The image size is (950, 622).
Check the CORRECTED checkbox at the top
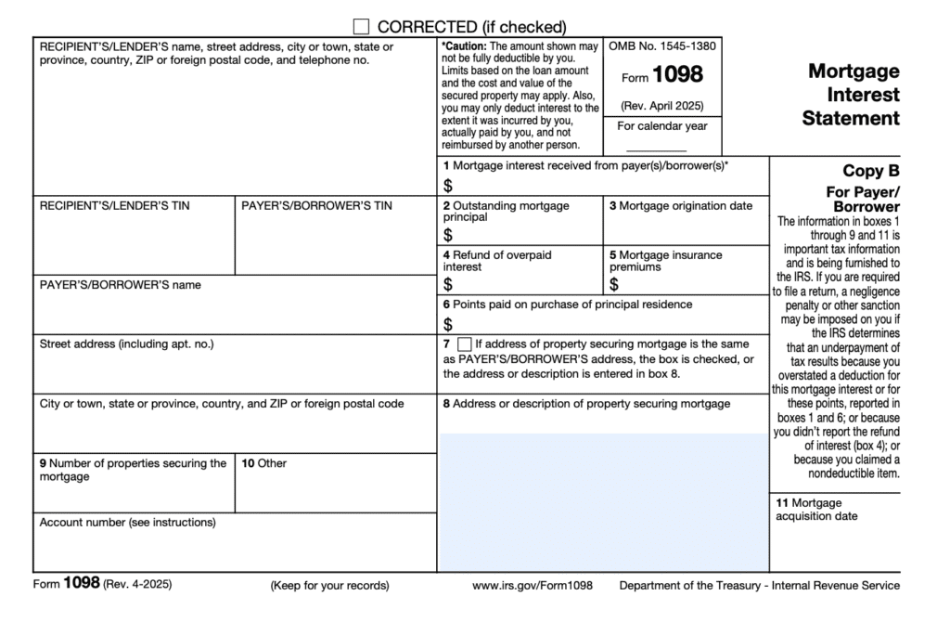click(361, 27)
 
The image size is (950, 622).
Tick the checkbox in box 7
click(465, 343)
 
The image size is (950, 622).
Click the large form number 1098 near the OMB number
click(679, 74)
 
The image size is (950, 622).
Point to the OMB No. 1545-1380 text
click(662, 45)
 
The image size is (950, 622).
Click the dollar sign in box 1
click(448, 186)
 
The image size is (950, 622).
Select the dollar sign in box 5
click(614, 284)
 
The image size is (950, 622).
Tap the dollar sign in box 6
click(448, 324)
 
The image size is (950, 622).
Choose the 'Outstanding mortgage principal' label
click(507, 211)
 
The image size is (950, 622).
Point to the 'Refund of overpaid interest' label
click(494, 260)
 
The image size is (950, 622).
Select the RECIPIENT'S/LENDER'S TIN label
click(114, 206)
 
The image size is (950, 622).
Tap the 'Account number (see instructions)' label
click(127, 523)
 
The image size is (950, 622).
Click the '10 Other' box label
click(263, 462)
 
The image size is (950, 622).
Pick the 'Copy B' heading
click(870, 171)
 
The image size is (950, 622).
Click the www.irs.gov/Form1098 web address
click(532, 586)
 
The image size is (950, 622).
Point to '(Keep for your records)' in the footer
click(329, 586)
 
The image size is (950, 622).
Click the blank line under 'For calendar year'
click(656, 149)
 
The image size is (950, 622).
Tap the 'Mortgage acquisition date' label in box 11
click(816, 510)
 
